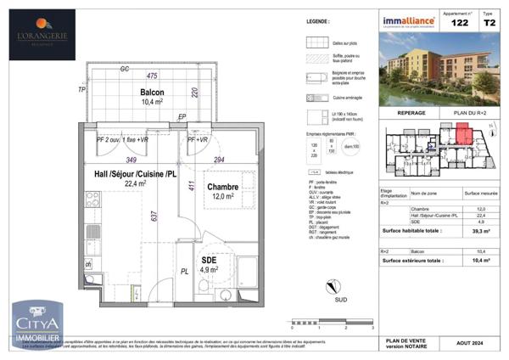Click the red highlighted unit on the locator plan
pos(462,134)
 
